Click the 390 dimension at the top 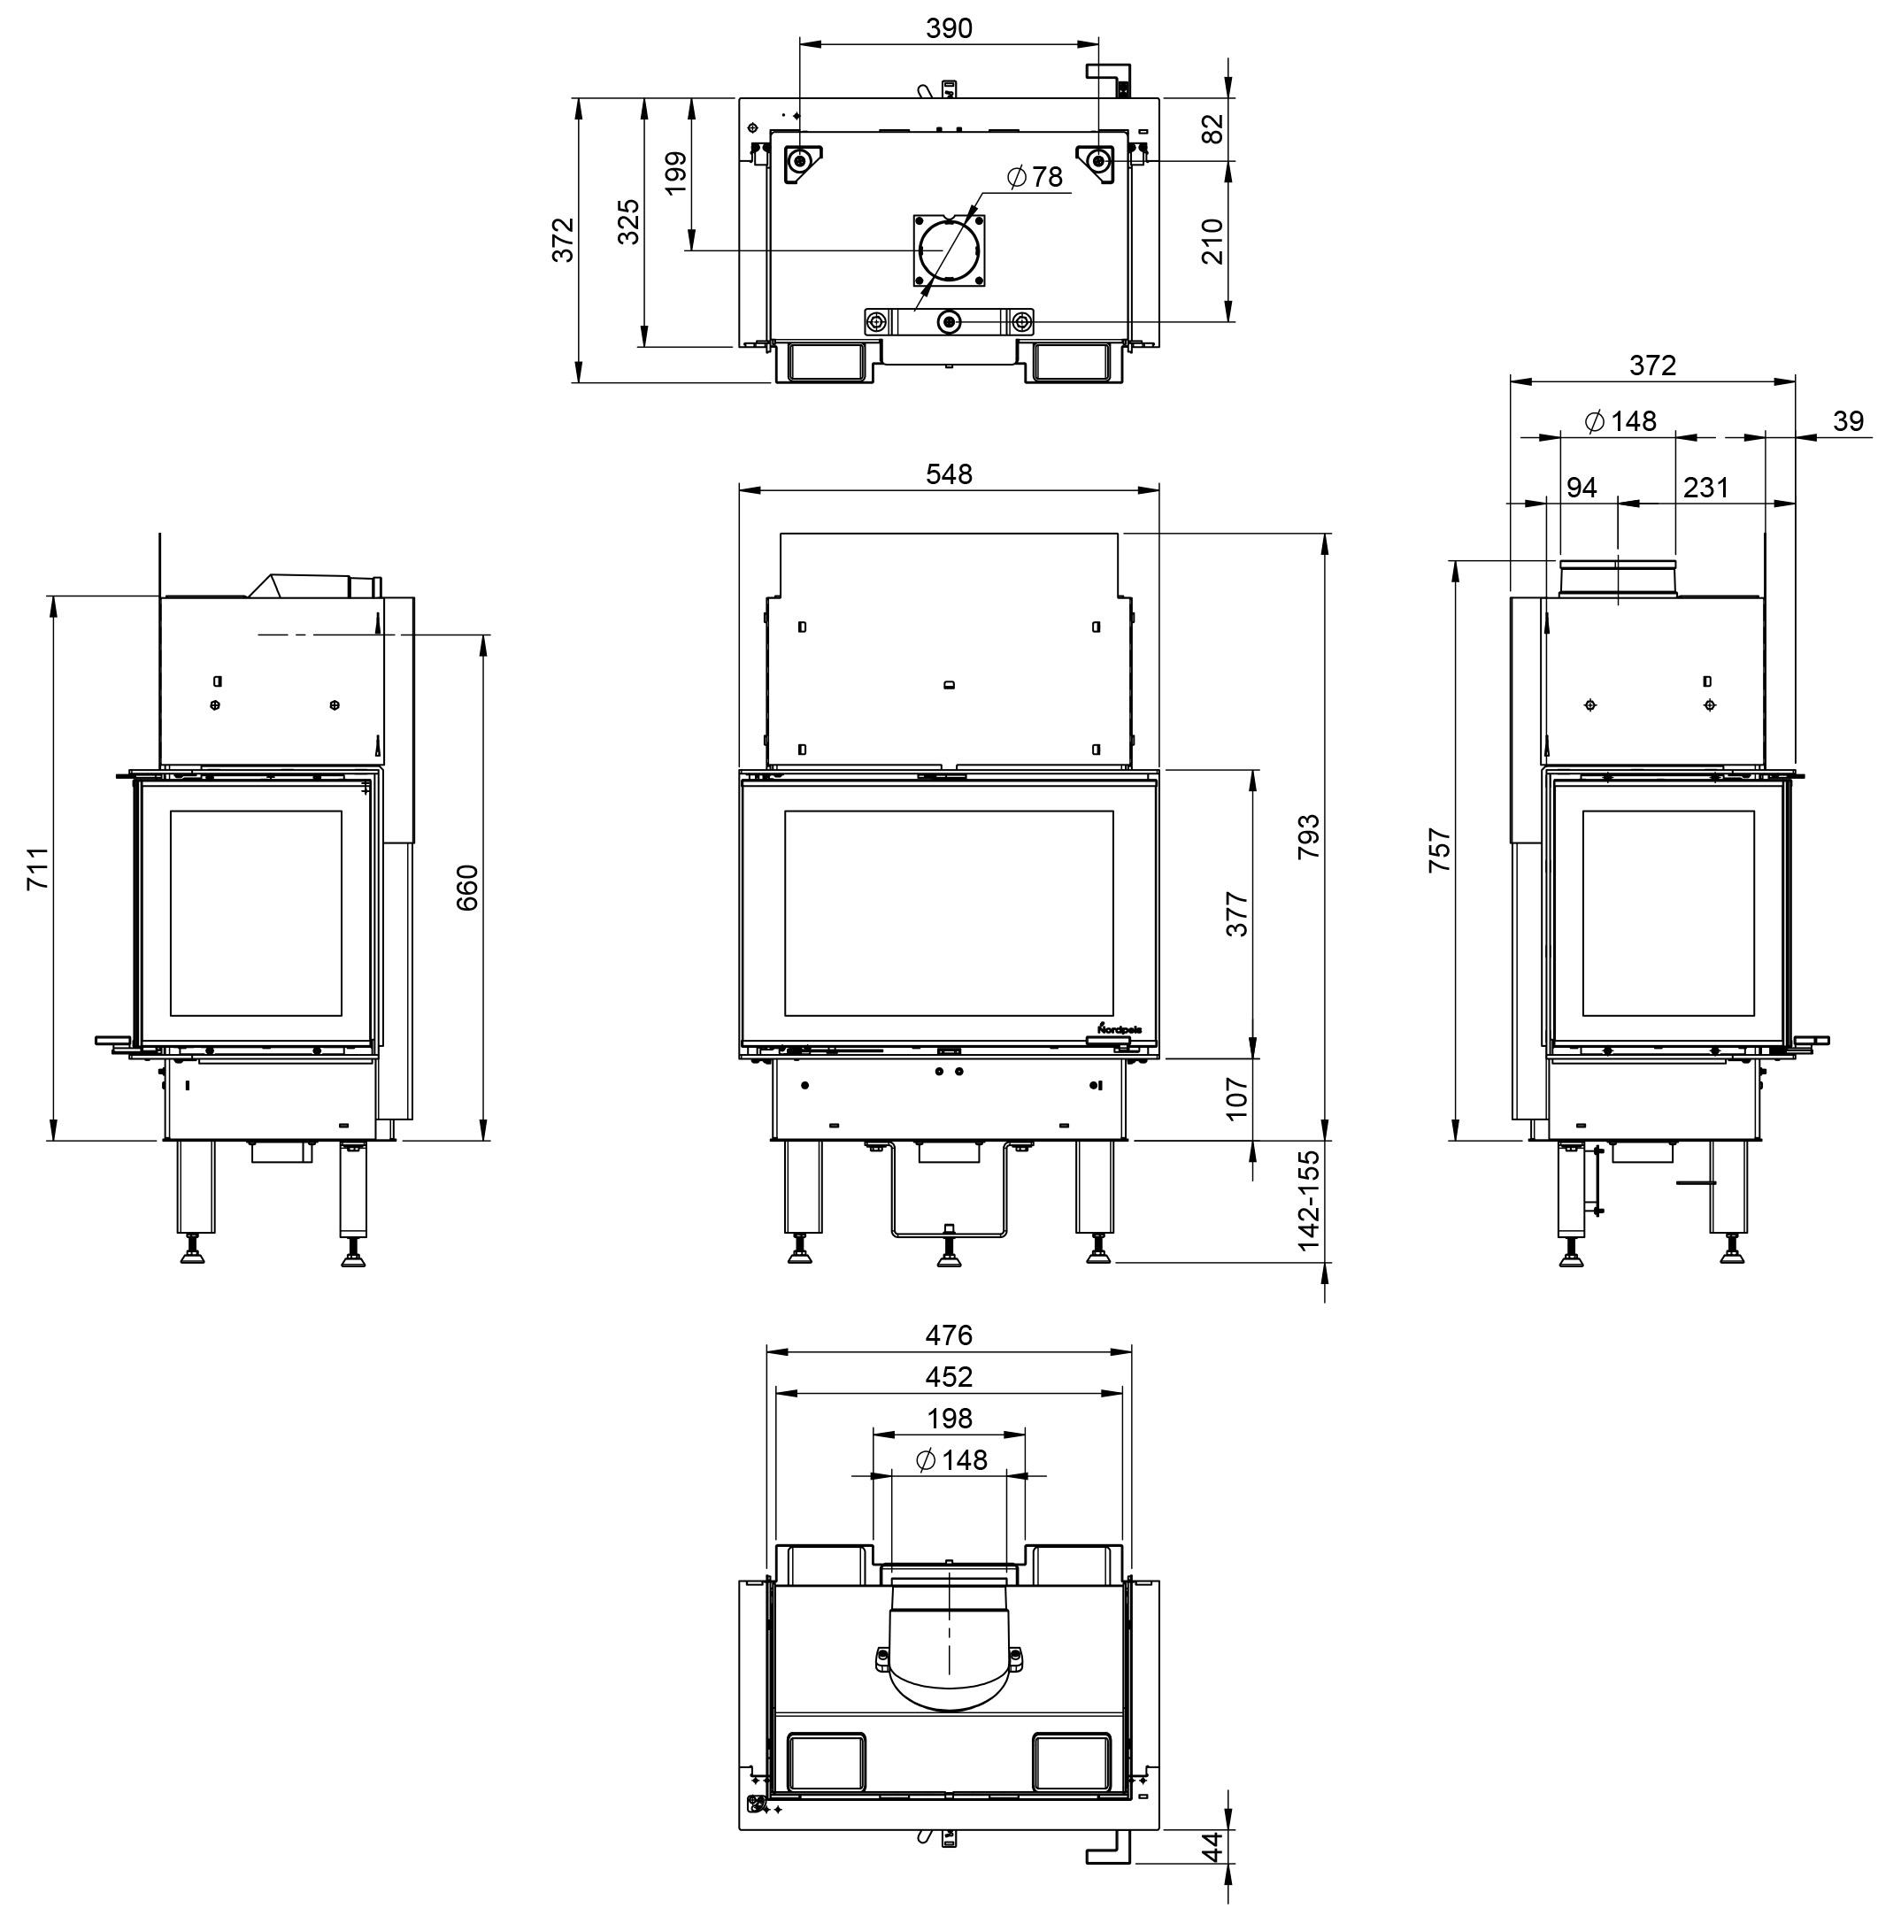pos(948,28)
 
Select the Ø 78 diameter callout pos(1034,177)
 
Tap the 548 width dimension pos(948,474)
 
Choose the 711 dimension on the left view pos(37,869)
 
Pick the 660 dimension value pos(467,887)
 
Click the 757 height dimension pos(1440,850)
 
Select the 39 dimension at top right pos(1848,422)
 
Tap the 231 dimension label pos(1706,488)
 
